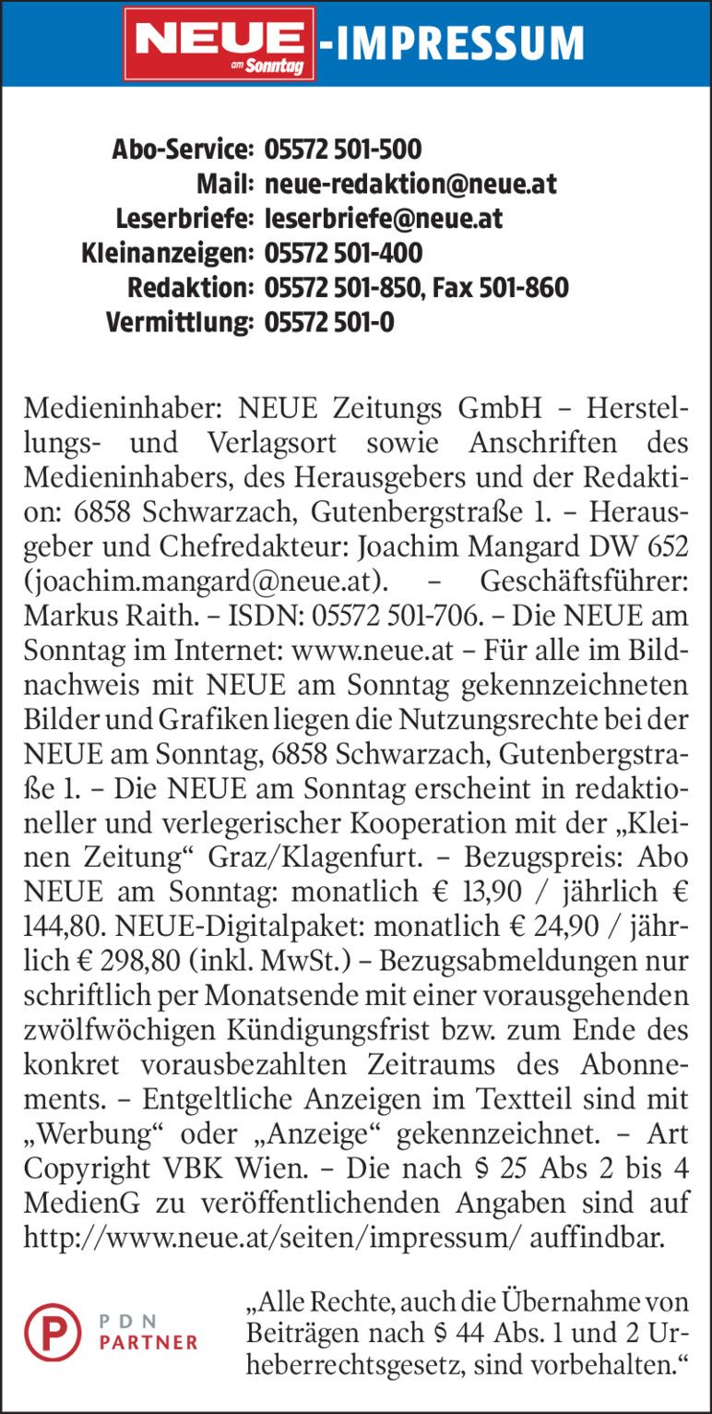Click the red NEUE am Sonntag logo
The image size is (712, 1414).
point(220,43)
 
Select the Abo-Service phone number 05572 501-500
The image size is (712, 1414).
point(343,149)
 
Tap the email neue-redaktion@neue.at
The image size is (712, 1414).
point(410,184)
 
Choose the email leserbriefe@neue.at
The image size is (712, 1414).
point(383,219)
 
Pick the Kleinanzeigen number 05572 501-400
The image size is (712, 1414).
point(343,253)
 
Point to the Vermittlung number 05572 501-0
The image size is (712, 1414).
point(329,323)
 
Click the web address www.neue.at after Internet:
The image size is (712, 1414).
point(372,651)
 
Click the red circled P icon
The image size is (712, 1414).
point(53,1332)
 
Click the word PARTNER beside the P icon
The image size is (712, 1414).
point(148,1342)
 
